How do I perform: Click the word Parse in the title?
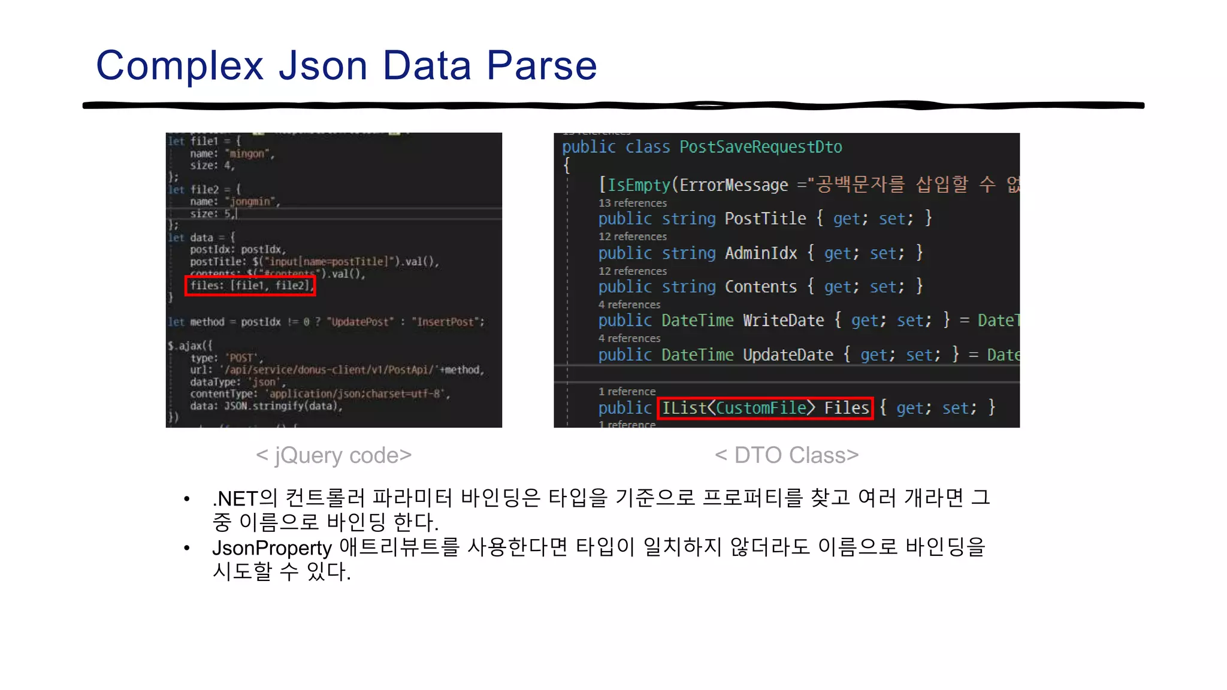coord(542,65)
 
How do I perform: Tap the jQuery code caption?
coord(334,455)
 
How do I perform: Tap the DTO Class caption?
coord(787,455)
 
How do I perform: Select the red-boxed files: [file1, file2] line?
coord(250,286)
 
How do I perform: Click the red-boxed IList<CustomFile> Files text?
coord(765,408)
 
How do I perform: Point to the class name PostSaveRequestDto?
coord(760,147)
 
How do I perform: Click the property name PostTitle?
coord(765,219)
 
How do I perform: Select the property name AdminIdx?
coord(761,253)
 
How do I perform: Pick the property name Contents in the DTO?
coord(761,287)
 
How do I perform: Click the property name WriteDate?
coord(784,320)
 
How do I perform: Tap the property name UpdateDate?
coord(788,355)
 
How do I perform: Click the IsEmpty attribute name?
coord(639,185)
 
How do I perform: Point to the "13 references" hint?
coord(632,203)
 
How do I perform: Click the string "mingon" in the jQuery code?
coord(247,154)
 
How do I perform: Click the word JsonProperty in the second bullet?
coord(271,547)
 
